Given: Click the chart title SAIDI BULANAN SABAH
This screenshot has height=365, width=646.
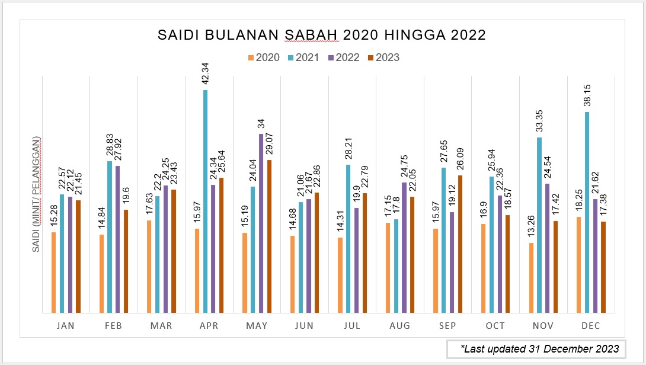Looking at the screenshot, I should [x=322, y=35].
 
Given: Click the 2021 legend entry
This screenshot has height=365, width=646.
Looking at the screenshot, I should [x=303, y=57].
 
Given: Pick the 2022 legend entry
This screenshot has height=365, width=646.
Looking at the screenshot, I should [x=343, y=57].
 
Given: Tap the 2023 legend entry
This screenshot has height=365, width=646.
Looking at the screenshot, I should [x=383, y=57].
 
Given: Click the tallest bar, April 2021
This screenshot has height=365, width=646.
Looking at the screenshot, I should [x=205, y=201].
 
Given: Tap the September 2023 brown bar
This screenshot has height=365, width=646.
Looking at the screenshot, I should [x=460, y=244].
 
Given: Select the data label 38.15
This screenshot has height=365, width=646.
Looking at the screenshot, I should [x=587, y=95].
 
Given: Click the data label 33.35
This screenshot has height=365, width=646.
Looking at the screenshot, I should [x=539, y=121].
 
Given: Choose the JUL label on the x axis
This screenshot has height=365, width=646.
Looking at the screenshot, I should [x=352, y=326].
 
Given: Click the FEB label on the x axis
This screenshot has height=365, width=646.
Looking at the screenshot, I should [x=113, y=326].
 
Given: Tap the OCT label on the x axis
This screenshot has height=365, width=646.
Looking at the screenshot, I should [x=495, y=326].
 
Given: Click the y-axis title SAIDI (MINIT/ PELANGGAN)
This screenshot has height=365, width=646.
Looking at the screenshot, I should [x=36, y=194].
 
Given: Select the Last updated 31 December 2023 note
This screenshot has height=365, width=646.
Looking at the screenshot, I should [x=536, y=348].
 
